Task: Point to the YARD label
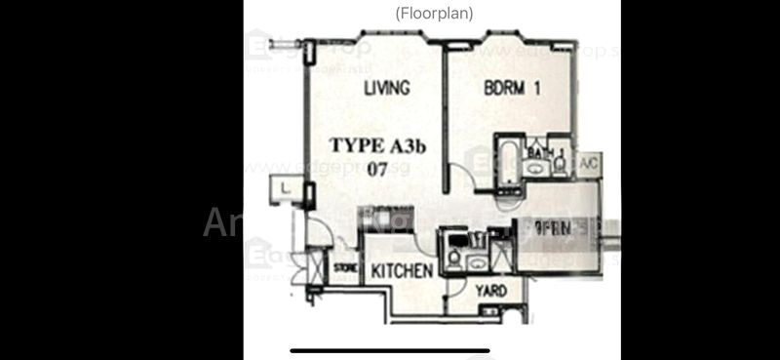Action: pos(490,291)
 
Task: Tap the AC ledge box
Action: pos(588,164)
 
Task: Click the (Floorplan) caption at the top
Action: pos(434,14)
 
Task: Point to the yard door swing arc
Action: pos(458,285)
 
